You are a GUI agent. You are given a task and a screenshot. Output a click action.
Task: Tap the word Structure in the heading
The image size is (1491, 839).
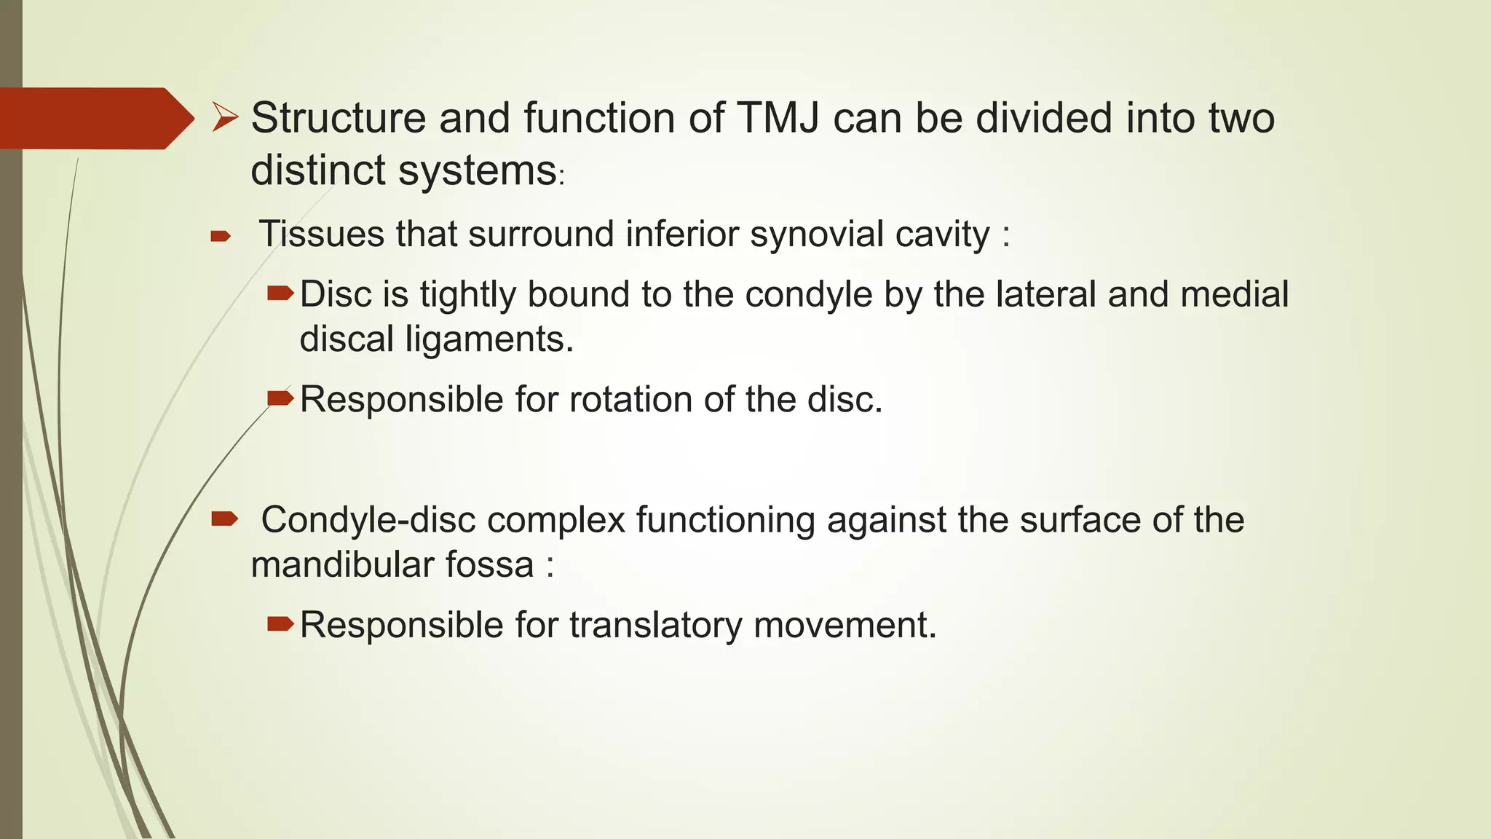[x=338, y=118]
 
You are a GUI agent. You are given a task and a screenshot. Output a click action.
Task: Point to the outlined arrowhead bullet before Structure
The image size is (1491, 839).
[x=225, y=117]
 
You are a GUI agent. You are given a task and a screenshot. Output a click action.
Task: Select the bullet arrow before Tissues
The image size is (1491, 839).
[x=220, y=236]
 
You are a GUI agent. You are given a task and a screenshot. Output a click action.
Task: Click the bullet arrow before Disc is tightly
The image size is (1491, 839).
[x=280, y=294]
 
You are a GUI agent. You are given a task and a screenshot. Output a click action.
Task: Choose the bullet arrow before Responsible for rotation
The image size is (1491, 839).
[x=280, y=398]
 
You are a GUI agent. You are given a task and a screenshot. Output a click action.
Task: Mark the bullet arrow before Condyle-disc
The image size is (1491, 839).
[x=224, y=519]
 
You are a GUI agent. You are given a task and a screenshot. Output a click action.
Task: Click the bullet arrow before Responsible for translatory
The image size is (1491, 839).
[x=280, y=623]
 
